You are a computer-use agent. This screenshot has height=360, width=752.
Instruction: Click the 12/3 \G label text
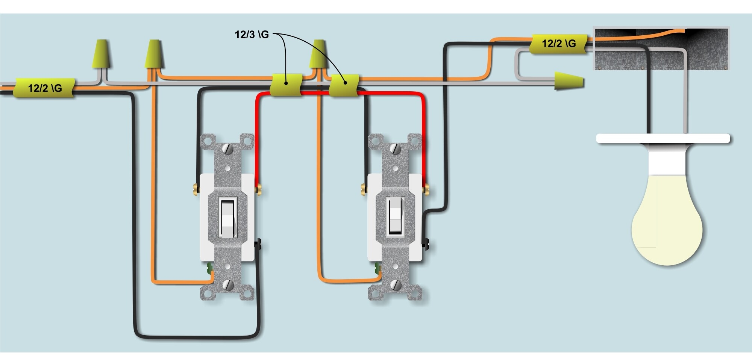click(252, 35)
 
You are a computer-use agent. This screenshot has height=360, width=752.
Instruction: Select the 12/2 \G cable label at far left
click(44, 89)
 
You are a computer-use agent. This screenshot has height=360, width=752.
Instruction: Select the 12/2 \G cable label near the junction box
click(558, 44)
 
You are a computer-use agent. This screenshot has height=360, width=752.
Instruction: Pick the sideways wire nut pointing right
click(569, 81)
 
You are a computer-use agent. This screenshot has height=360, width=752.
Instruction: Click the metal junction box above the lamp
click(661, 48)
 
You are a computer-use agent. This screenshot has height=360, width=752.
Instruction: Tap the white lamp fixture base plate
click(663, 139)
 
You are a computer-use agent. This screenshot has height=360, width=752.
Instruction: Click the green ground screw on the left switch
click(209, 268)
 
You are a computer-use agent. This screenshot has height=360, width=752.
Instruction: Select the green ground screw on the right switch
click(377, 268)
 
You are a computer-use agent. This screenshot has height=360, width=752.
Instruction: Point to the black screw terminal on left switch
click(258, 245)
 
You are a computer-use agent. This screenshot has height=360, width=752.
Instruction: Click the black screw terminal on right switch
click(426, 245)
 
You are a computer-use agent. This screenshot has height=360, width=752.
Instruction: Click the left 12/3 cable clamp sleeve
click(286, 85)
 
